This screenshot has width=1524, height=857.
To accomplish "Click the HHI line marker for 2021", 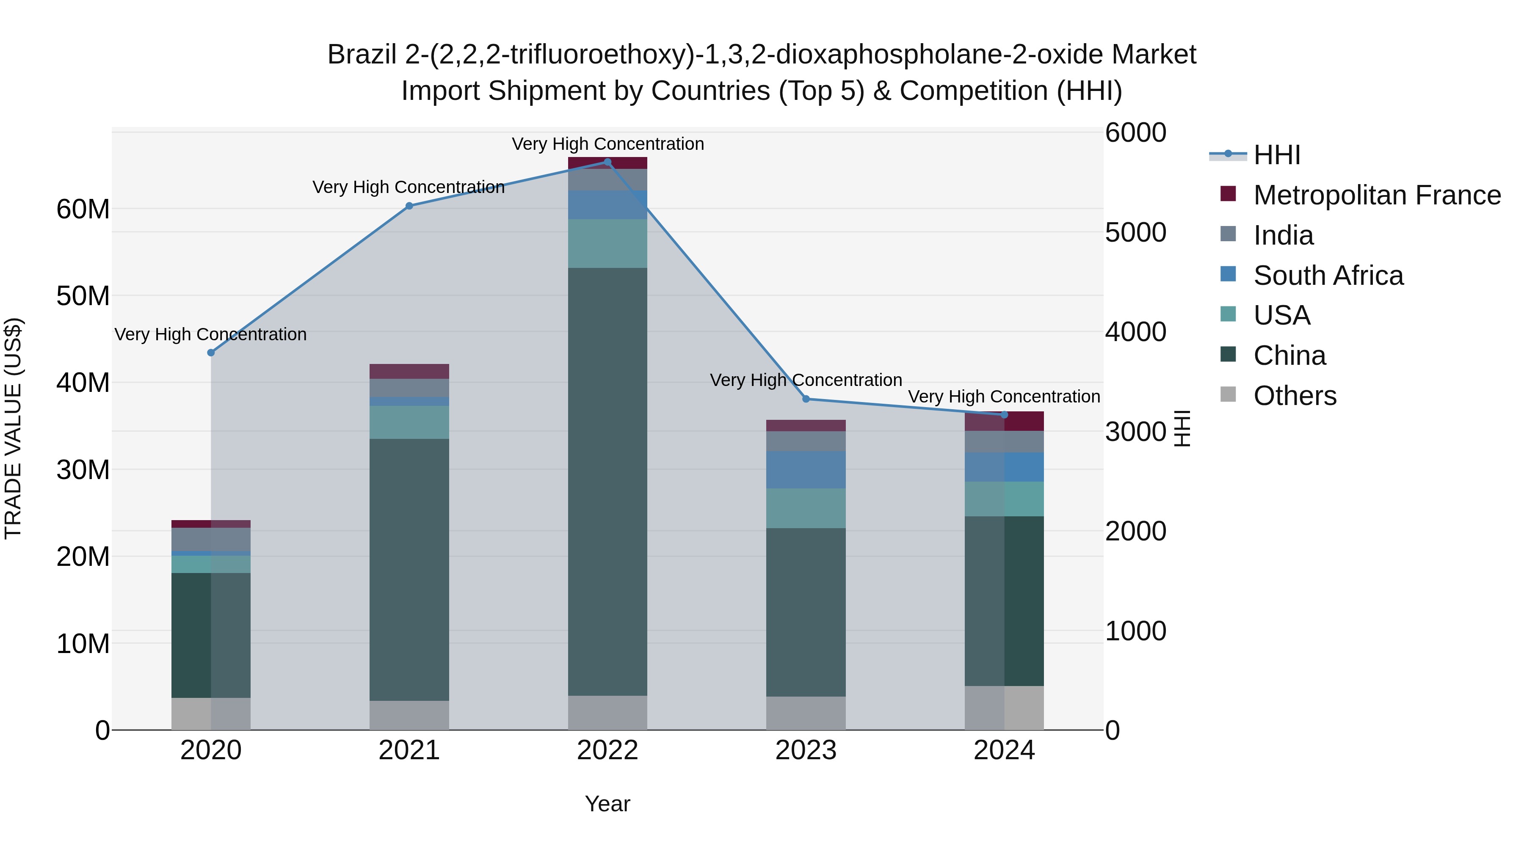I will [x=409, y=206].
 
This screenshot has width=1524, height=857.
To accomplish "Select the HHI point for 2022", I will [x=607, y=162].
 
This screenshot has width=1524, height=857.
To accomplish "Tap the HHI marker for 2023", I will [x=806, y=399].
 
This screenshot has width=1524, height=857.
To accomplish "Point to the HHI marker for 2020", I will [x=211, y=353].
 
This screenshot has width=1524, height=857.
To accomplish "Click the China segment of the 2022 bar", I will [x=607, y=482].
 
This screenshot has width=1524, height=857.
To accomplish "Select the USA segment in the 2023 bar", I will [x=806, y=508].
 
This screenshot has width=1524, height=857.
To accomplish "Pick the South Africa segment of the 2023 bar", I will [x=806, y=470].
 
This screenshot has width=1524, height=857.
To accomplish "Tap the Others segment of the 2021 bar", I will [x=409, y=715].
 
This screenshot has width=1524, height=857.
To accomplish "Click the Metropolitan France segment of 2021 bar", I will [x=409, y=372].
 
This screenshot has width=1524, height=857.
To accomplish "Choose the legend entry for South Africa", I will [x=1328, y=276].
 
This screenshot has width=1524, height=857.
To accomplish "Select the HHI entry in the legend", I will [x=1277, y=155].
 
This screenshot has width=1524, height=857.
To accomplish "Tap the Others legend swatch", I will [x=1228, y=394].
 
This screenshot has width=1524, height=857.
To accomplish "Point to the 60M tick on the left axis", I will [x=83, y=209].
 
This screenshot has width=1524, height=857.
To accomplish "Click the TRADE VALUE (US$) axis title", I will [x=13, y=428].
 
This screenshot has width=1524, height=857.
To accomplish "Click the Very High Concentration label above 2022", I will [x=607, y=144].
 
